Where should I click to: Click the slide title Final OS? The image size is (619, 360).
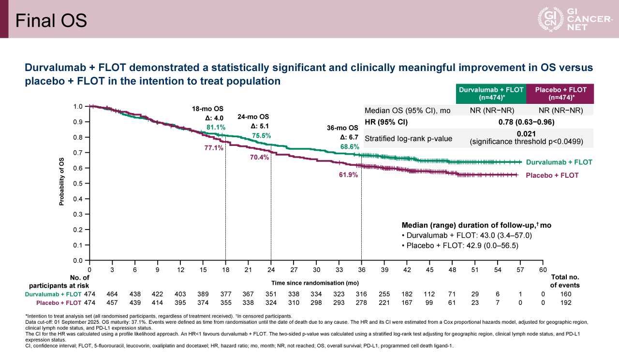[x=51, y=20]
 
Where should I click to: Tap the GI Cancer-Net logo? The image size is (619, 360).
[x=575, y=19]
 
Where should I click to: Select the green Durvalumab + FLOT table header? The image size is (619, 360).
[x=491, y=94]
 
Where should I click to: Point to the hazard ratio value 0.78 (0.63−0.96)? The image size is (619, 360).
[x=526, y=122]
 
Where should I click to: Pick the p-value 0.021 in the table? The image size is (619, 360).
[x=526, y=134]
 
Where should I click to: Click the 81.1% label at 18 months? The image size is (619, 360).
[x=216, y=128]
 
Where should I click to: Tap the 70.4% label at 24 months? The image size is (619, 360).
[x=259, y=158]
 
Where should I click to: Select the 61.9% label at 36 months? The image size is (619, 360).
[x=348, y=175]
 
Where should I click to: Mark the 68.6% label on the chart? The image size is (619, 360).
[x=350, y=146]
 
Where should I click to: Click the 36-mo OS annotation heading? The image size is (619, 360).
[x=342, y=128]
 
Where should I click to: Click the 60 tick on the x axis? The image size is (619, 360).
[x=543, y=269]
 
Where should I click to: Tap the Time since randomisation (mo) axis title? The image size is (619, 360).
[x=315, y=283]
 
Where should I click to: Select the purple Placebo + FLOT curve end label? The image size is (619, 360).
[x=552, y=175]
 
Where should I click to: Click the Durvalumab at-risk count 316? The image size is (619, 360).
[x=361, y=294]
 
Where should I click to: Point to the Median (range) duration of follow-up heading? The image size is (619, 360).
[x=476, y=226]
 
